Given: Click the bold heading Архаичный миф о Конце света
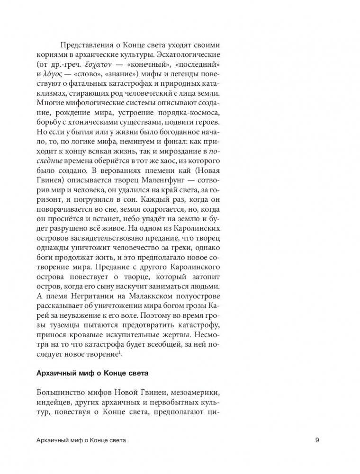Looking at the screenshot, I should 93,372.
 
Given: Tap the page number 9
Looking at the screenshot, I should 317,441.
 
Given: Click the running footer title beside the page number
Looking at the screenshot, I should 84,441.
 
